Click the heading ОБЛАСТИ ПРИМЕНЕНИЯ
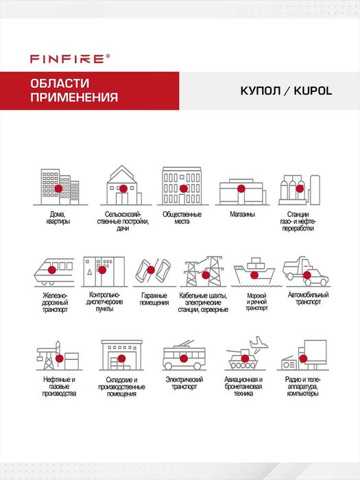[x=73, y=90]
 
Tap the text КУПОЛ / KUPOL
[x=286, y=91]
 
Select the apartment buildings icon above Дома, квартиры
[x=58, y=186]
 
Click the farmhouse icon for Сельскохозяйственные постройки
[x=122, y=186]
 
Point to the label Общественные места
[x=182, y=219]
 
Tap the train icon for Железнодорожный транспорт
[x=56, y=272]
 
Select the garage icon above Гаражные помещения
[x=154, y=272]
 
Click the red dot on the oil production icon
[x=59, y=358]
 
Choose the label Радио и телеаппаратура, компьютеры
[x=302, y=387]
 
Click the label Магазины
[x=242, y=215]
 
